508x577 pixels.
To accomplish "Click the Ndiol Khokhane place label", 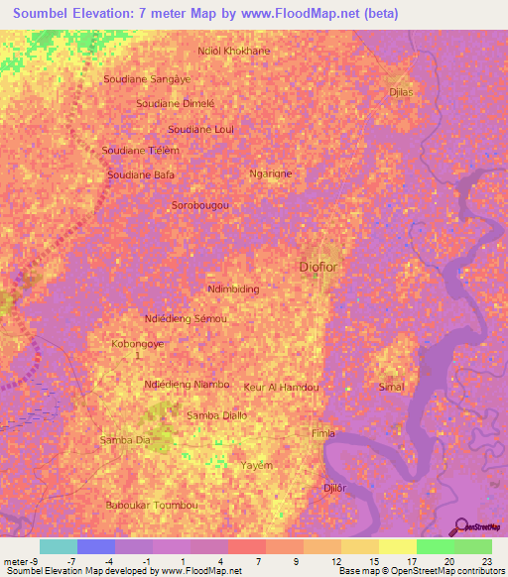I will point(234,51).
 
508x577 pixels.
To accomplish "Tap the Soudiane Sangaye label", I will point(147,77).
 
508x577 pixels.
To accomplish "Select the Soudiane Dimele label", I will point(175,103).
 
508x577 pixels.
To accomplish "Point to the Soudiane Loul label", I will point(200,129).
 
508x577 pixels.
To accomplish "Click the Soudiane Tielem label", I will point(141,150).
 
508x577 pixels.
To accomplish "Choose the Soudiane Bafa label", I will point(141,174).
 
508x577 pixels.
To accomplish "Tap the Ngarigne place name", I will point(270,173).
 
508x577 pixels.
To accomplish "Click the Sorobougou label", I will point(201,205).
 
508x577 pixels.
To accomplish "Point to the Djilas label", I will point(401,91).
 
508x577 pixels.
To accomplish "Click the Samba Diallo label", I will point(216,415).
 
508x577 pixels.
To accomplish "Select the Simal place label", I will point(392,387).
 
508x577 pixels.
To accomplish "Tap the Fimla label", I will point(323,433).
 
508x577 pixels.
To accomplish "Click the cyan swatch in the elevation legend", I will point(59,546).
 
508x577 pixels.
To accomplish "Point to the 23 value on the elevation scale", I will point(486,561).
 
